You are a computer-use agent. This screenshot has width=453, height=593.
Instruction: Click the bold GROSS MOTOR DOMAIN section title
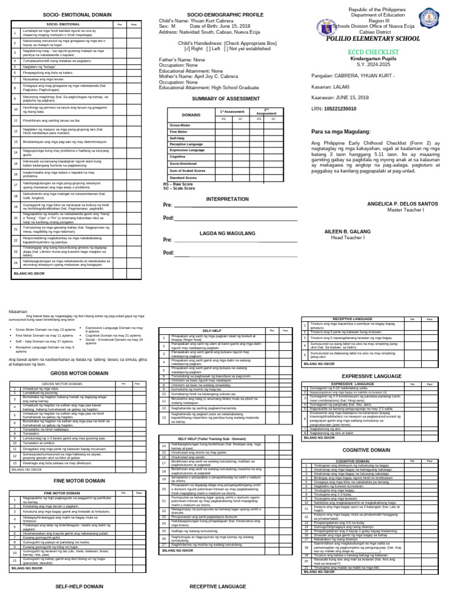coord(77,374)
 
